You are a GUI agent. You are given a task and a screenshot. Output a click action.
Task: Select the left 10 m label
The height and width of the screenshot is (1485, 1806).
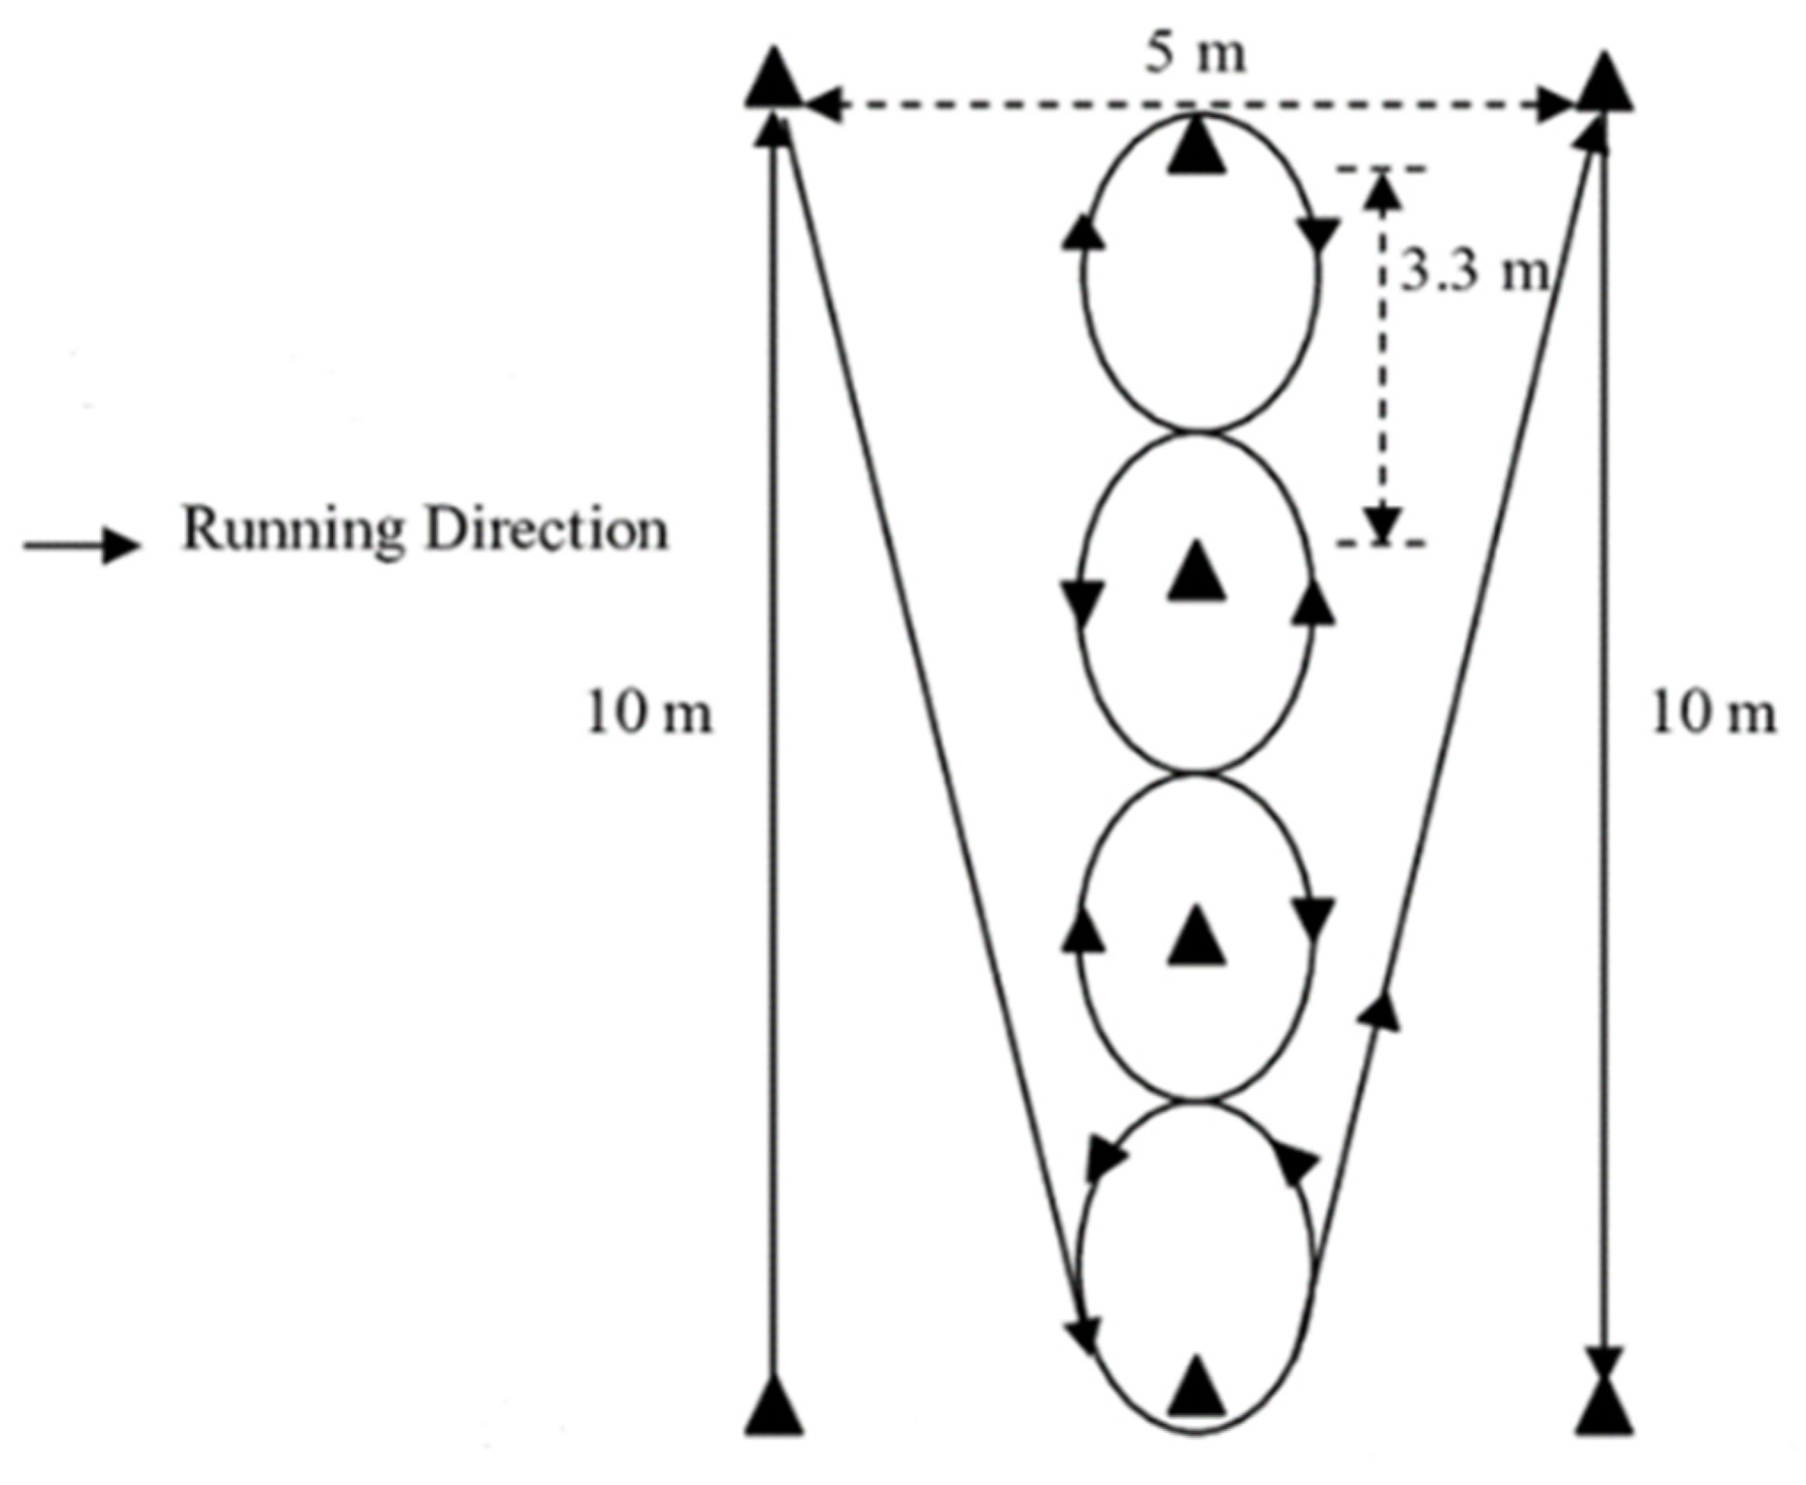650,714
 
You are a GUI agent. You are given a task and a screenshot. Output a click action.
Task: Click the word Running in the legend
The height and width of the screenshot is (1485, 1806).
292,530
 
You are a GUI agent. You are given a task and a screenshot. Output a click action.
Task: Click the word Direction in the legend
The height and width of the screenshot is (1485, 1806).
546,530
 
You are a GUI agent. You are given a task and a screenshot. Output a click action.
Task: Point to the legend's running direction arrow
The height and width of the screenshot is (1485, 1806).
82,545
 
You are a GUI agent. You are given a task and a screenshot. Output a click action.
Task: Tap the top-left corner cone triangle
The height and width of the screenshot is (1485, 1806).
775,80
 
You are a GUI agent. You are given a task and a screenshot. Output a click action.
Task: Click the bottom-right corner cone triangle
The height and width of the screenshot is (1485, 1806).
1604,1409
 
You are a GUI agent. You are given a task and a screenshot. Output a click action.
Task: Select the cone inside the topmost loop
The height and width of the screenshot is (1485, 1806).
1197,147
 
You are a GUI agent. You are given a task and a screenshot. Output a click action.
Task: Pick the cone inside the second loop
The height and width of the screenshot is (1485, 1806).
1197,572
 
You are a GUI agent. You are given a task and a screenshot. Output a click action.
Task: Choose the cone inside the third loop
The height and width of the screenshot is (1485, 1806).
1197,937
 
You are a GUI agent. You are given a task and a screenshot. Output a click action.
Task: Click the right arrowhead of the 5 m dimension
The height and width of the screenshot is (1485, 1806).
1554,105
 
